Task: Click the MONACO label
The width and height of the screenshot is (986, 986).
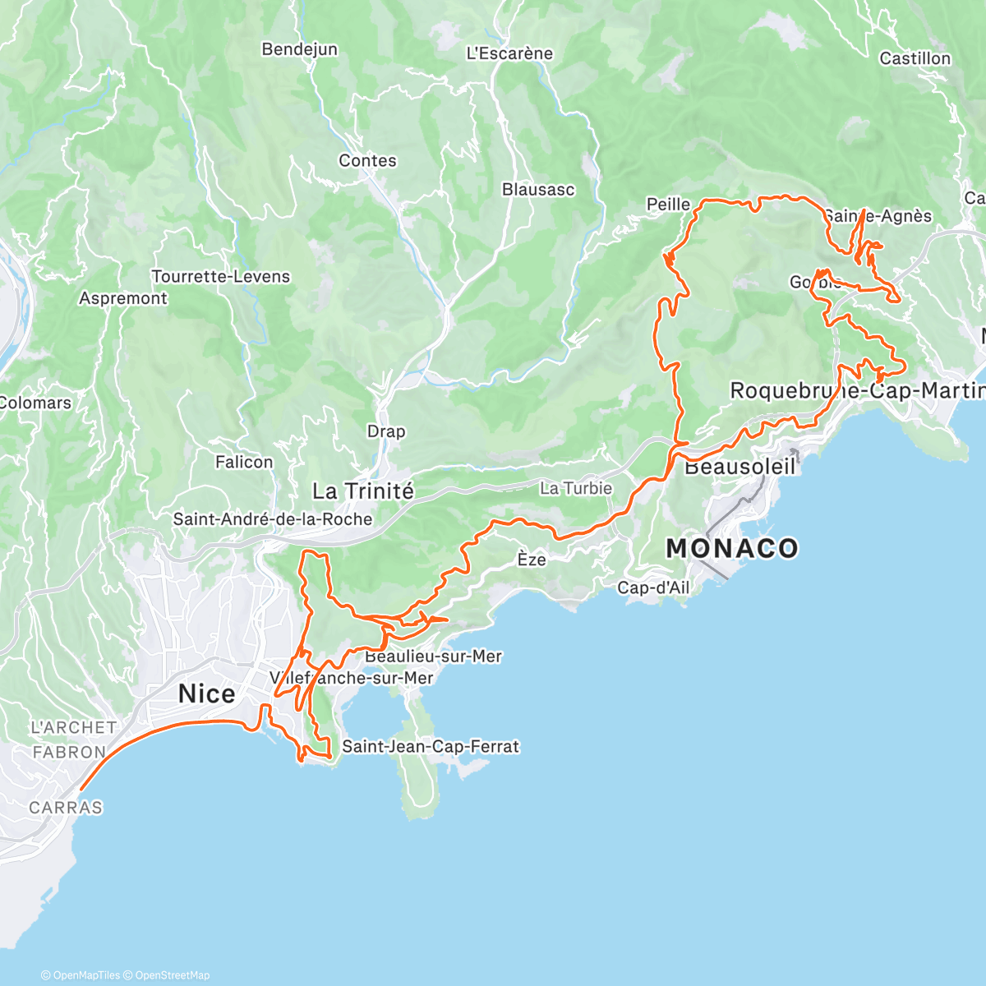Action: point(731,548)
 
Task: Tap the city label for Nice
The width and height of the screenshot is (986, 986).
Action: point(207,694)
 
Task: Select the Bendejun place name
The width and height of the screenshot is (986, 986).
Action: point(299,49)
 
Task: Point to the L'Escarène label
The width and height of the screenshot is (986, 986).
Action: point(509,53)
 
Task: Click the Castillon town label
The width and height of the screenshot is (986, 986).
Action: point(915,58)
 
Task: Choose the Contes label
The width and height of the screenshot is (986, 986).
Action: point(367,161)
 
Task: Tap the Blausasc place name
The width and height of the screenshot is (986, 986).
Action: point(538,190)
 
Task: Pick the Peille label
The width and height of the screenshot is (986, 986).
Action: point(668,204)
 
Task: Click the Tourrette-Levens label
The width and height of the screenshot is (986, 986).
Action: point(221,277)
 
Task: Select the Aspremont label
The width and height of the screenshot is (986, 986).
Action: point(123,298)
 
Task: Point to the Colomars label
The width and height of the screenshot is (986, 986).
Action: point(35,403)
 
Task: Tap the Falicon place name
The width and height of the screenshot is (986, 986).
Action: point(244,462)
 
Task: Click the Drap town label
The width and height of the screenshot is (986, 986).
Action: point(386,431)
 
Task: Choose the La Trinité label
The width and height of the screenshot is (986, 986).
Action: point(363,491)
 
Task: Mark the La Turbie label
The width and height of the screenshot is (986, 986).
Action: point(576,488)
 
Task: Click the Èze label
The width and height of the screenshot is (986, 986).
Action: point(532,560)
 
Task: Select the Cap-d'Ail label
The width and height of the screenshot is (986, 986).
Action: point(653,587)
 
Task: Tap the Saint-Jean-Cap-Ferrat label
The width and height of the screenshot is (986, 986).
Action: point(431,747)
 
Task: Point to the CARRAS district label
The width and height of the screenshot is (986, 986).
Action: point(66,808)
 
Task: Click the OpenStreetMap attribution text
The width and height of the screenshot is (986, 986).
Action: point(173,975)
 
